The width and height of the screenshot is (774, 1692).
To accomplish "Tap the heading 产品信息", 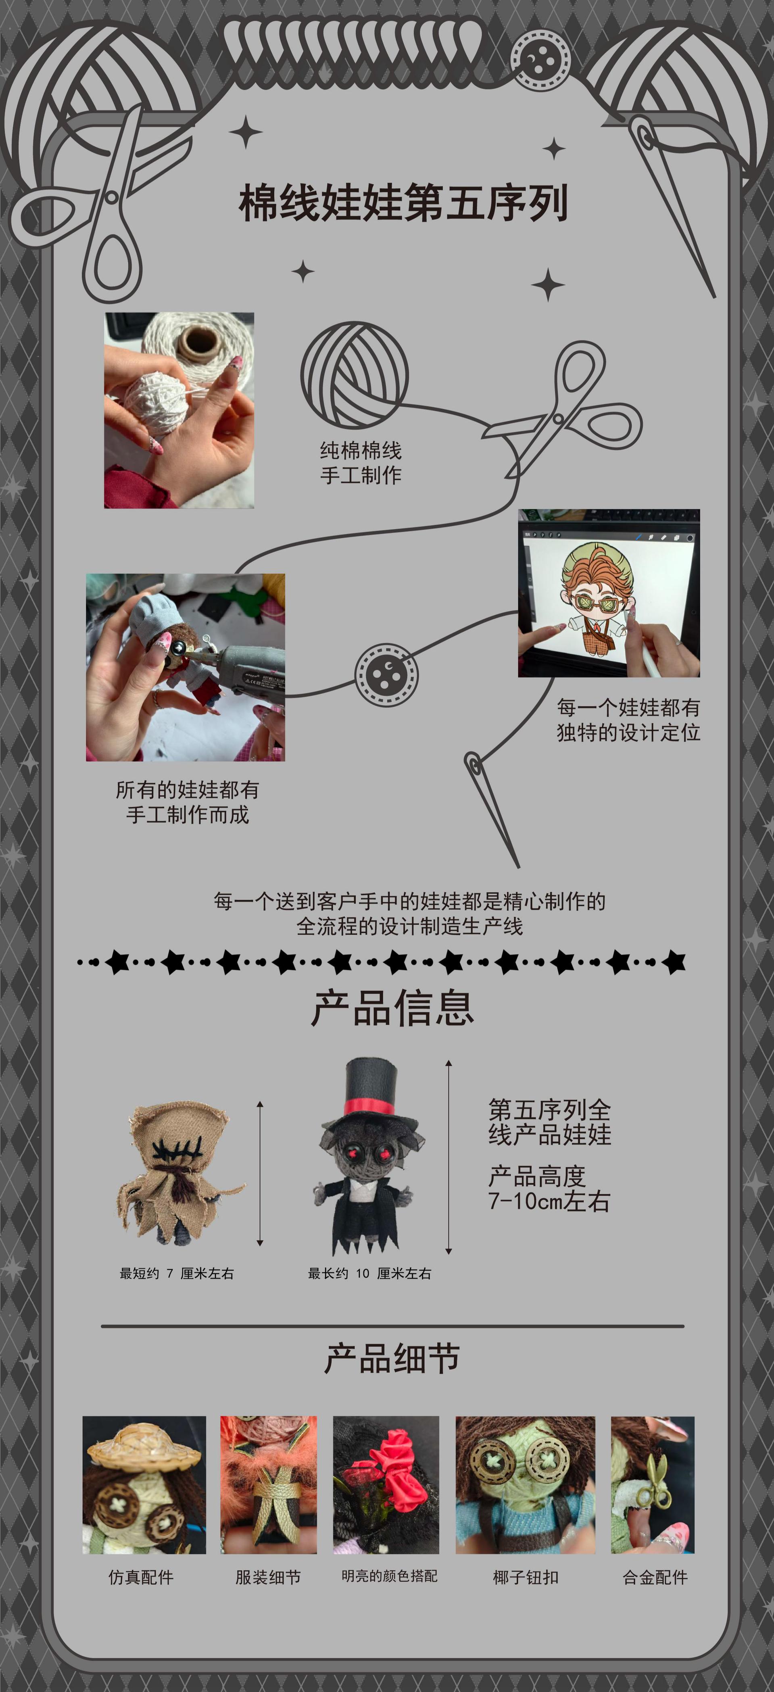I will [392, 1008].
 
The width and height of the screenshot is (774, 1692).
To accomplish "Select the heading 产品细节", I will [392, 1358].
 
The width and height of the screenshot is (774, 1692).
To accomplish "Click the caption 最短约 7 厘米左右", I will [176, 1274].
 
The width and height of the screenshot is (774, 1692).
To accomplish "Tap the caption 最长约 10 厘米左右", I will [369, 1274].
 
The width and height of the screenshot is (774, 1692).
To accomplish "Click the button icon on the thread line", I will [386, 674].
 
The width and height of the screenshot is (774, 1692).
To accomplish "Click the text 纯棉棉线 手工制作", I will [360, 462].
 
